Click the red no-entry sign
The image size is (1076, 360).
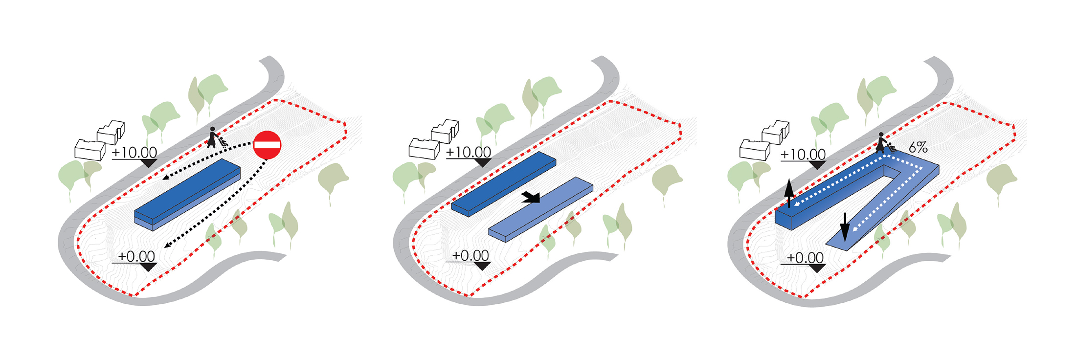tap(267, 145)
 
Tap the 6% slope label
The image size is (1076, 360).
tap(918, 147)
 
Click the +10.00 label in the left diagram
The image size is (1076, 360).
tap(134, 152)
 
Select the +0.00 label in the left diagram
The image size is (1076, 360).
tap(136, 256)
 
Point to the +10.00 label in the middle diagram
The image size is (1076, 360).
tap(469, 152)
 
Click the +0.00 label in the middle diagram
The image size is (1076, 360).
tap(471, 255)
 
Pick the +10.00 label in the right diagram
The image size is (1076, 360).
tap(803, 155)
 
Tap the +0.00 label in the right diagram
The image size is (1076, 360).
tap(805, 258)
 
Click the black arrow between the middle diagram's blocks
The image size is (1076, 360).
tap(531, 197)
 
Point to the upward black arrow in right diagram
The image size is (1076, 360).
tap(789, 194)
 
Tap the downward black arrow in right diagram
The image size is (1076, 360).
tap(845, 227)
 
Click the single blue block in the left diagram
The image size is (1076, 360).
tap(187, 194)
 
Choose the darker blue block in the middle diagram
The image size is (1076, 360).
tap(504, 184)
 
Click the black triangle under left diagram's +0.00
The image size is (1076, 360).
tap(148, 267)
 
